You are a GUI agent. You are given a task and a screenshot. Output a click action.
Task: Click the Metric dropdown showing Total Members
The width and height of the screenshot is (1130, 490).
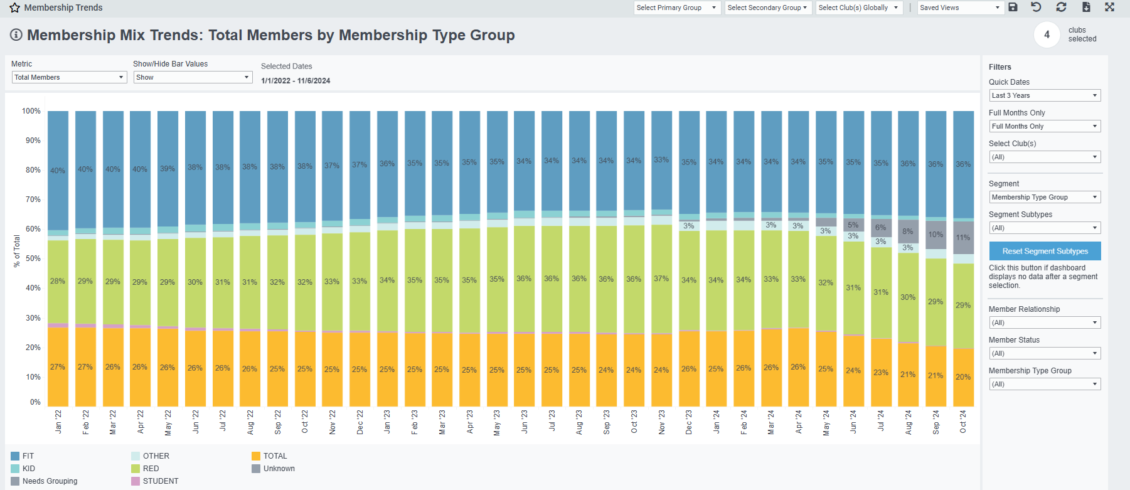tap(69, 77)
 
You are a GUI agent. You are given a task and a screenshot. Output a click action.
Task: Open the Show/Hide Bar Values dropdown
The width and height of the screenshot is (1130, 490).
tap(193, 77)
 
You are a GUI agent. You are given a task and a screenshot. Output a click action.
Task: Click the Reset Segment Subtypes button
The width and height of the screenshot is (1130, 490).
tap(1045, 251)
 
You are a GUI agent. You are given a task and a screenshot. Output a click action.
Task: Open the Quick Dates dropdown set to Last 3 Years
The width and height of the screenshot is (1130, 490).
tap(1045, 95)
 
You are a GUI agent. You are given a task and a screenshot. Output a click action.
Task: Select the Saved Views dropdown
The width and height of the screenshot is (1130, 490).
tap(960, 8)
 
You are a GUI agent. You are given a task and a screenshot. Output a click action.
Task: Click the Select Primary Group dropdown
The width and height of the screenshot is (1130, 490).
tap(676, 8)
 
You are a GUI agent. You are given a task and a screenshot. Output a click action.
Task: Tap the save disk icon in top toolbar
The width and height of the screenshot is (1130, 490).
tap(1013, 7)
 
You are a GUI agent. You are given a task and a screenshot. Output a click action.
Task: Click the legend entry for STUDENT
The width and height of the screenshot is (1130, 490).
tap(161, 481)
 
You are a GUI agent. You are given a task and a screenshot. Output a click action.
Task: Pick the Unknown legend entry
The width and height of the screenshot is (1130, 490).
tap(279, 469)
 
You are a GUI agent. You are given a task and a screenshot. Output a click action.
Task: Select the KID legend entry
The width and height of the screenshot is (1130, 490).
tap(29, 469)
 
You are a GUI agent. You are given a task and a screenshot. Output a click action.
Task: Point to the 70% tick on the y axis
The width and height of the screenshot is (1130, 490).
tap(33, 200)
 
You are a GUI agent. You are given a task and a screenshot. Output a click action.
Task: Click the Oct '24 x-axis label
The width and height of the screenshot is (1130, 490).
tap(963, 422)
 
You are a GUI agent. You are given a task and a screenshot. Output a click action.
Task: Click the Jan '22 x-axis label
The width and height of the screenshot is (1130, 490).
tap(58, 422)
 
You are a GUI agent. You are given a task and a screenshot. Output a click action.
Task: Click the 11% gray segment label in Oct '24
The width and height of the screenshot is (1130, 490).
tap(963, 238)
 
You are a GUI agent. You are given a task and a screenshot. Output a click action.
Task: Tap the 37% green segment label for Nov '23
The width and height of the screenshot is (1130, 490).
tap(661, 279)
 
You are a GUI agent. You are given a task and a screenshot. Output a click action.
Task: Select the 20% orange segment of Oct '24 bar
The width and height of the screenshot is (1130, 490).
tap(963, 377)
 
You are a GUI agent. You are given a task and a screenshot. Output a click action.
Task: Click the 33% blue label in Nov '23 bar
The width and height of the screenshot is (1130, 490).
tap(661, 160)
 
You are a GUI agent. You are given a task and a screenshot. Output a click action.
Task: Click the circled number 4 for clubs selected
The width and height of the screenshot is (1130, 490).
tap(1047, 35)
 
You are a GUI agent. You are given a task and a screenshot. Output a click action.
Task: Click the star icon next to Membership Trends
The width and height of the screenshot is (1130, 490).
tap(15, 8)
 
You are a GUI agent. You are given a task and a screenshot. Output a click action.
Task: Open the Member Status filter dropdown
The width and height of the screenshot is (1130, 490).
tap(1045, 353)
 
